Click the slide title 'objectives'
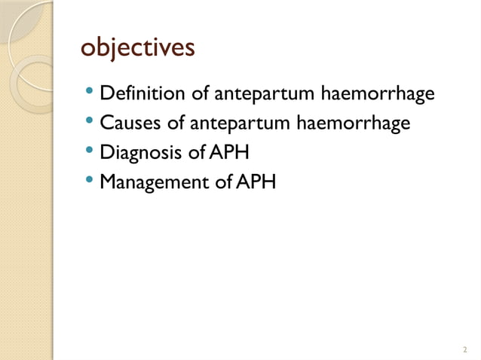pos(138,47)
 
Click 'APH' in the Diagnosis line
pos(229,152)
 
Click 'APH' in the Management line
pos(256,182)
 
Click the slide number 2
pos(464,349)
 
